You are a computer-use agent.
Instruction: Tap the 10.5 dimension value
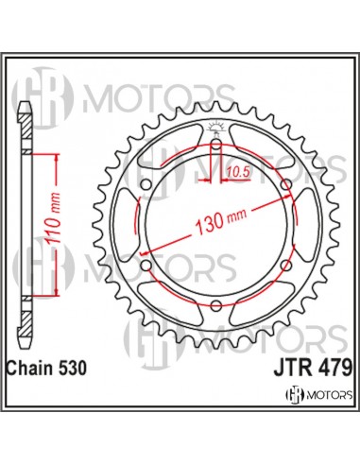tap(238, 171)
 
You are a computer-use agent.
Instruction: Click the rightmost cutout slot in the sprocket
tap(300, 227)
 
